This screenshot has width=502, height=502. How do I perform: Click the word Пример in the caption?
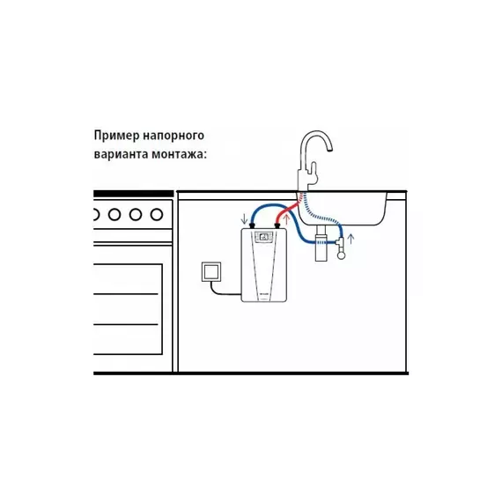click(116, 136)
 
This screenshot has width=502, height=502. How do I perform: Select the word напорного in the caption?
click(173, 136)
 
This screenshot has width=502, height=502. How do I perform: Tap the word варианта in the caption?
click(121, 154)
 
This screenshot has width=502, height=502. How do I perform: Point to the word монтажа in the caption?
click(177, 154)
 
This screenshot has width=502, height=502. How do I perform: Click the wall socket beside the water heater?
click(211, 272)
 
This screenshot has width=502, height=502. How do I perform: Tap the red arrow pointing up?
click(287, 219)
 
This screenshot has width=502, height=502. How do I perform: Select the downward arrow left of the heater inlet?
click(244, 218)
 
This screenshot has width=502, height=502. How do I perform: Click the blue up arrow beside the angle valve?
click(351, 239)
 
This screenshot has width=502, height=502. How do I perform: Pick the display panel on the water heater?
click(264, 237)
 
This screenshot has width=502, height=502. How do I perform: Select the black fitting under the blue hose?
click(253, 226)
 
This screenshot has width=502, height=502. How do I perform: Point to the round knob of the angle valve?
click(342, 255)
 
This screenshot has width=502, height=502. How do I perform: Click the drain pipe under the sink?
click(321, 243)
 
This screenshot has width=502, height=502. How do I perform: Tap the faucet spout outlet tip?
click(329, 150)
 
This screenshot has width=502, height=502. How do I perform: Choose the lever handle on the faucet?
click(314, 173)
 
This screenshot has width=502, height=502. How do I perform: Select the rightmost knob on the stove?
click(157, 215)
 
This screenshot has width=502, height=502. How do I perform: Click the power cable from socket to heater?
click(223, 291)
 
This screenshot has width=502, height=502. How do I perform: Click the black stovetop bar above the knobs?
click(134, 194)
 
